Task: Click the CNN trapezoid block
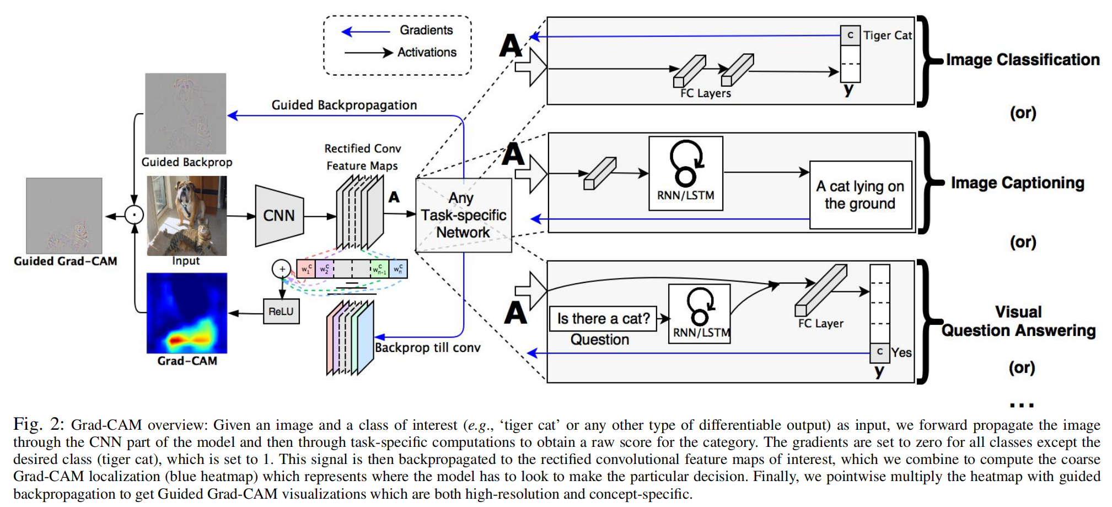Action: (279, 216)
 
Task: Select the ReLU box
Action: (281, 312)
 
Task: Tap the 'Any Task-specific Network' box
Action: (463, 215)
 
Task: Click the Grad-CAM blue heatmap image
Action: (187, 313)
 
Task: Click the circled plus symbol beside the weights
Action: (282, 269)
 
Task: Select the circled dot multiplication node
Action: (134, 215)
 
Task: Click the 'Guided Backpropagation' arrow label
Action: (344, 105)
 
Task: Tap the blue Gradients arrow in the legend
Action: (366, 31)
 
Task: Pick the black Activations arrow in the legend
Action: (368, 53)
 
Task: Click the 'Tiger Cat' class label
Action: (887, 35)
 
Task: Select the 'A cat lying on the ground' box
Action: (860, 195)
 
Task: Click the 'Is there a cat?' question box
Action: (603, 319)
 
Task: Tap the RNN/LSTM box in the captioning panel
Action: (685, 173)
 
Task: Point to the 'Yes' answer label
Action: (901, 353)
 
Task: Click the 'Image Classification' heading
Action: (1023, 60)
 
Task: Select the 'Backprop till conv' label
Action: (427, 348)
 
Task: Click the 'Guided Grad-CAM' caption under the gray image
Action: (66, 261)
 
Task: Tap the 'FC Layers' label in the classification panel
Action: (705, 93)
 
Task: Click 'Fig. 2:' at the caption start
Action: (39, 424)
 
